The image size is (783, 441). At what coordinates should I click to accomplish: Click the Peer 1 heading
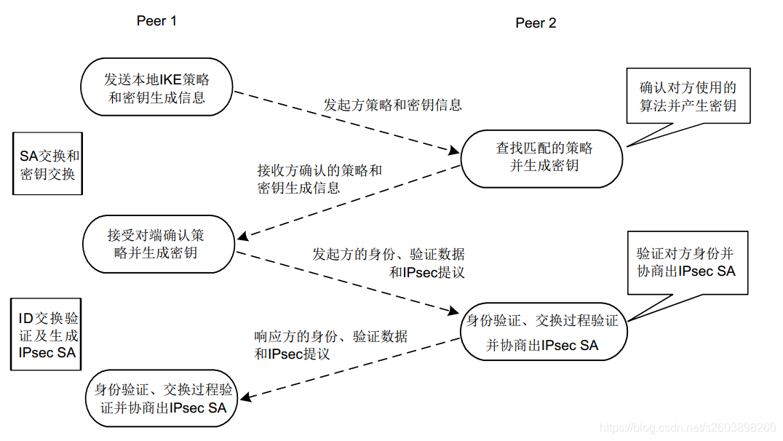[x=156, y=20]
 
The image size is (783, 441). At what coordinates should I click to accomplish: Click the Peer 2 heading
[x=536, y=23]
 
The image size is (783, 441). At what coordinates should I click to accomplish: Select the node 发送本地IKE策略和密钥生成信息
[x=156, y=87]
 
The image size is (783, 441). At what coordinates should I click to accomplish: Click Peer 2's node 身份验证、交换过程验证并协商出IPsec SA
[x=542, y=333]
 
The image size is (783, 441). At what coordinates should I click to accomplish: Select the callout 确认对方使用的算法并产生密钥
[x=688, y=96]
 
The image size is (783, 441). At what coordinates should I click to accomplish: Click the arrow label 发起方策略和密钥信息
[x=392, y=105]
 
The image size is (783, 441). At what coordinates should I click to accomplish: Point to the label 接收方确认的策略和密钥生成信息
[x=319, y=179]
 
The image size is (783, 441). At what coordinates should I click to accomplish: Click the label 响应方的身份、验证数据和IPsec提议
[x=330, y=345]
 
